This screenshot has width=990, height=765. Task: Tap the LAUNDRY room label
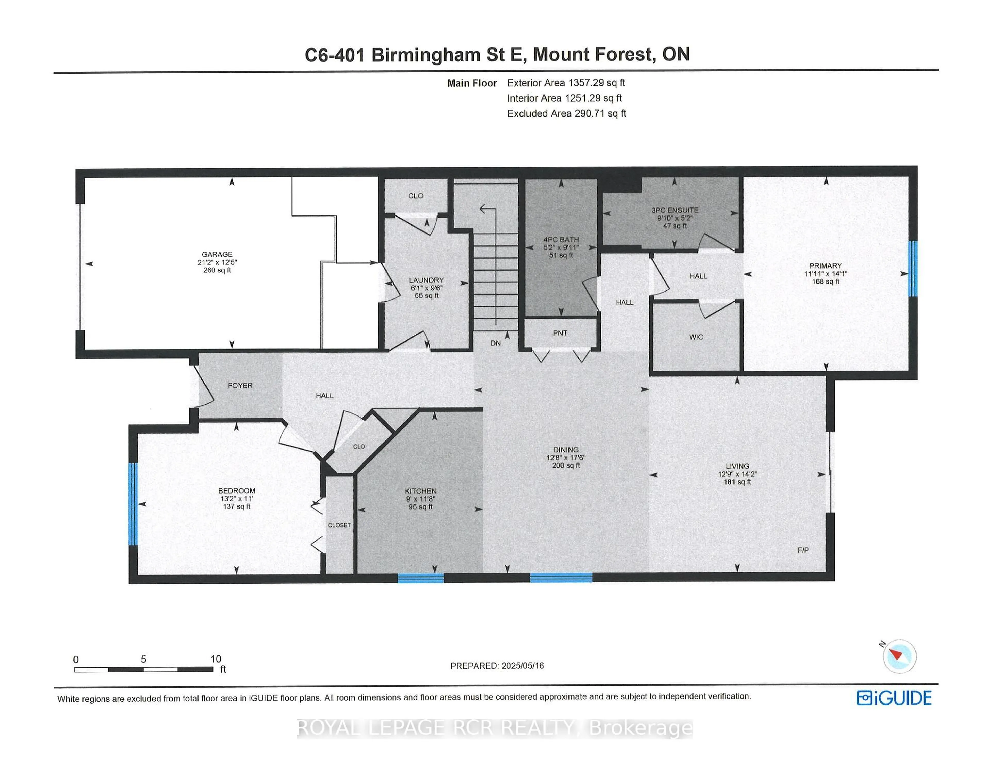coord(426,280)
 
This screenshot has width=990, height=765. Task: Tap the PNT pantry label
coord(560,333)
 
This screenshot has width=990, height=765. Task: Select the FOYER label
coord(240,386)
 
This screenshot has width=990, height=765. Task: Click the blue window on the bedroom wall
coord(133,504)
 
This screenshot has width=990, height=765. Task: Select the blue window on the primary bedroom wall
coord(913,269)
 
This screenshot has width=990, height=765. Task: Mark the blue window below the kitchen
coord(421,578)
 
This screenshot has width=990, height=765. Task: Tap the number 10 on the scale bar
coord(216,659)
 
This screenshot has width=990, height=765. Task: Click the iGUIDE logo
coord(894,698)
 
